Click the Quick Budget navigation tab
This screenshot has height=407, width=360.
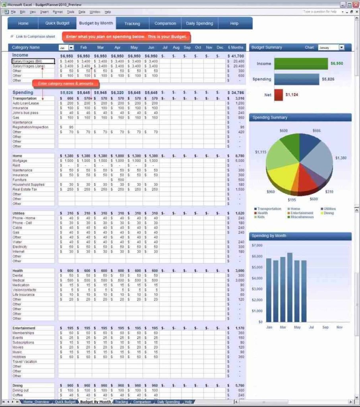click(x=57, y=23)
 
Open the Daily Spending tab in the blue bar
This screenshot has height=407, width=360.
click(x=199, y=23)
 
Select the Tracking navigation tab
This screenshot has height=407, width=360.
click(x=132, y=23)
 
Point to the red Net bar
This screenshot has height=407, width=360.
click(x=279, y=95)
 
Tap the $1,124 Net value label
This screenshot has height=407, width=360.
click(x=292, y=95)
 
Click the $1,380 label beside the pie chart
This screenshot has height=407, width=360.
click(x=341, y=158)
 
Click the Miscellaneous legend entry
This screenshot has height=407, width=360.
click(x=302, y=217)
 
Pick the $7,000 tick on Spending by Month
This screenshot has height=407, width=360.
click(x=257, y=246)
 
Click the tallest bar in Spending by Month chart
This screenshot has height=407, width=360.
click(x=290, y=287)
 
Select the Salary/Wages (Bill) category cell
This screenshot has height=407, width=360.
click(x=33, y=62)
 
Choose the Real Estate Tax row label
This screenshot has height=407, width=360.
click(x=25, y=189)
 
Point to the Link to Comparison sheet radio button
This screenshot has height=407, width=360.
click(x=12, y=37)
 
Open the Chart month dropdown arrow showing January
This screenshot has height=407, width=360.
click(x=341, y=47)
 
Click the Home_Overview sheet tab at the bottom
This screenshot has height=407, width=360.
click(x=36, y=402)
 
